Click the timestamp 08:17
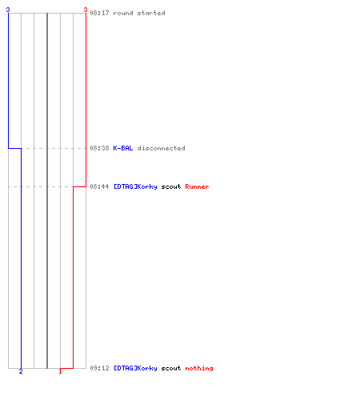(99, 13)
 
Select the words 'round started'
(139, 13)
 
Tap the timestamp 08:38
(99, 148)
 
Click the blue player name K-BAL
(123, 148)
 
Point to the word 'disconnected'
(161, 148)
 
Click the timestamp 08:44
(99, 186)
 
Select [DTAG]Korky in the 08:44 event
(135, 186)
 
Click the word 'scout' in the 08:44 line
(171, 186)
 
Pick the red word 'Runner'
(197, 186)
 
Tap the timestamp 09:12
(99, 368)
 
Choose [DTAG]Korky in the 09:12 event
(135, 368)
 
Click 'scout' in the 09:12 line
(171, 368)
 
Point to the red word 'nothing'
(199, 368)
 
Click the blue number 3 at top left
(8, 10)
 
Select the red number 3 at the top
(86, 10)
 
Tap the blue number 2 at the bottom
(21, 371)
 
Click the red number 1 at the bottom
(60, 371)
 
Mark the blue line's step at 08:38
(14, 148)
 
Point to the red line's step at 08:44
(79, 186)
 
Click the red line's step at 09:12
(66, 368)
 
